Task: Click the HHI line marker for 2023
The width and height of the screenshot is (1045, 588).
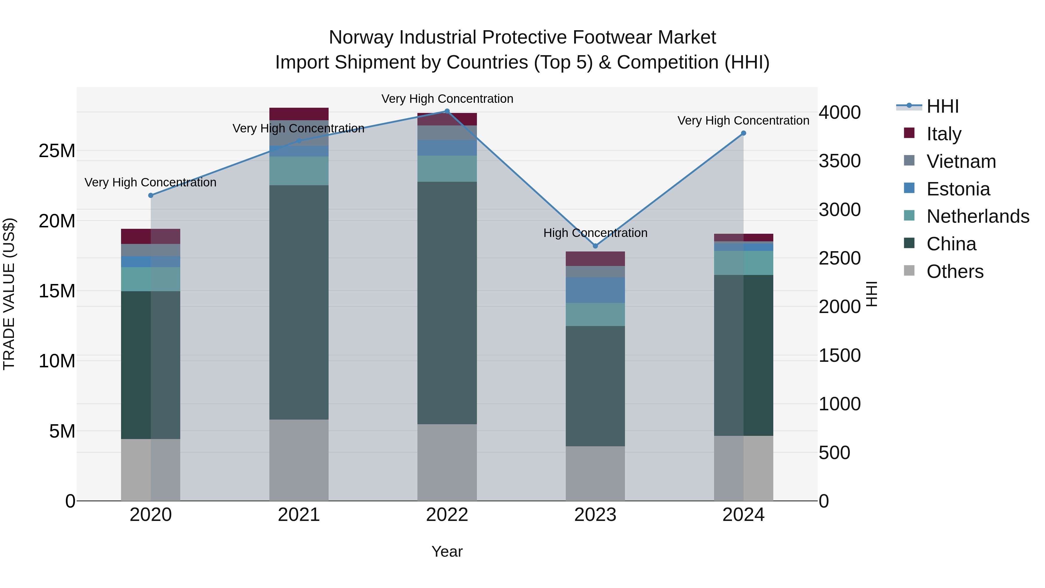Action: click(x=595, y=246)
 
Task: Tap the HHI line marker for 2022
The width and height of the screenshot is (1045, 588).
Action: click(x=447, y=111)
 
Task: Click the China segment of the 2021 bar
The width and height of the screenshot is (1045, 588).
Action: click(x=299, y=302)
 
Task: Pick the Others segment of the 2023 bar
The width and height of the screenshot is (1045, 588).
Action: click(x=595, y=473)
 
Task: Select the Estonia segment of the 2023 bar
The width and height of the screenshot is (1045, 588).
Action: click(x=595, y=290)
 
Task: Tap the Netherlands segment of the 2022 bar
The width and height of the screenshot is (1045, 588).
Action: click(x=447, y=168)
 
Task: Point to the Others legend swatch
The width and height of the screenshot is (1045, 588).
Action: click(x=909, y=271)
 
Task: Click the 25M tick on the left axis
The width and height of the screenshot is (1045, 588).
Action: click(x=57, y=151)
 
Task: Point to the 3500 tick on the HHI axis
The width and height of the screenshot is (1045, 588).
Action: click(x=839, y=161)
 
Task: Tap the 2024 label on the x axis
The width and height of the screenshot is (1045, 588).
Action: click(x=743, y=515)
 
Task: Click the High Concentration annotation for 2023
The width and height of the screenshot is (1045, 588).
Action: click(x=595, y=233)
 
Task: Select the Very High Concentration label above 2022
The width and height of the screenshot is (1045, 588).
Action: click(x=447, y=99)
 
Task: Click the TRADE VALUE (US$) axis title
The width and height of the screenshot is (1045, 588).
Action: click(x=9, y=294)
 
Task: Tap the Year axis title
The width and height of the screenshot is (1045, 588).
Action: click(x=447, y=551)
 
